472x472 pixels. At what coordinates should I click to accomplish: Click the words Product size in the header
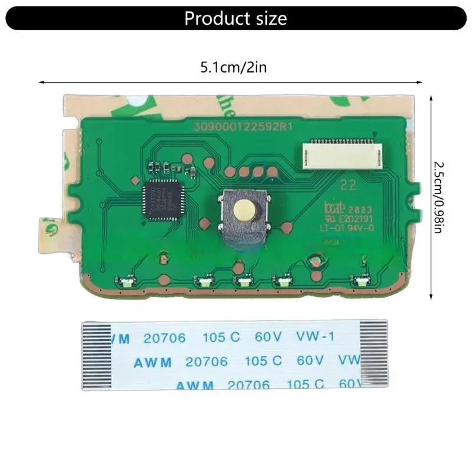point(235,18)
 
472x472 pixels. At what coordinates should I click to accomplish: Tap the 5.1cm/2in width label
point(233,67)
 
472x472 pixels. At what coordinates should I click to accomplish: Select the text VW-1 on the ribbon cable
point(314,337)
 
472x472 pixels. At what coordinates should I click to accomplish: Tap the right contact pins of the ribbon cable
point(373,356)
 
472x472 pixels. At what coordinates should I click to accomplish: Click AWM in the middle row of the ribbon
point(152,362)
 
